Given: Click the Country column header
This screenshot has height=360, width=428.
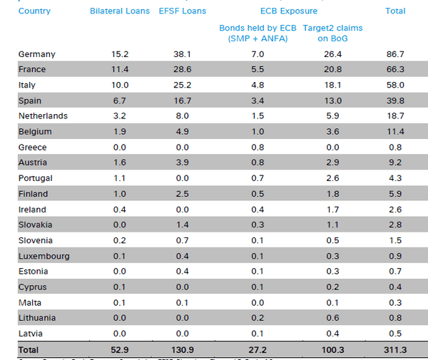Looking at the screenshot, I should click(x=34, y=11).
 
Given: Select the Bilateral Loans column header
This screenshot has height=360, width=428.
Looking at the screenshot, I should click(x=121, y=11).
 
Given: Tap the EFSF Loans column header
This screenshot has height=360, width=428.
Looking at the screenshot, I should click(x=183, y=11).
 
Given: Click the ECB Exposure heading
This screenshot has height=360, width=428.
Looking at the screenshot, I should click(x=288, y=11).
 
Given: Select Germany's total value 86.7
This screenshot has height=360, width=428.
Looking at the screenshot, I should click(x=394, y=54).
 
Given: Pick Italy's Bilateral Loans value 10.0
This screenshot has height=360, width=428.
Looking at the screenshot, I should click(x=121, y=86).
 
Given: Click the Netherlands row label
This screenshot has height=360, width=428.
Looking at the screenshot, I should click(x=43, y=116).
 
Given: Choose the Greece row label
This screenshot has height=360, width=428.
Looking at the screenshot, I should click(x=33, y=148).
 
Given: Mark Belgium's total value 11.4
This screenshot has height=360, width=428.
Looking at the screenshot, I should click(x=394, y=132).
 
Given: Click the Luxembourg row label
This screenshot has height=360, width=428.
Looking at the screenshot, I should click(x=44, y=256).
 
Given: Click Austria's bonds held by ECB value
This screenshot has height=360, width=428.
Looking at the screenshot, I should click(x=258, y=163).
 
